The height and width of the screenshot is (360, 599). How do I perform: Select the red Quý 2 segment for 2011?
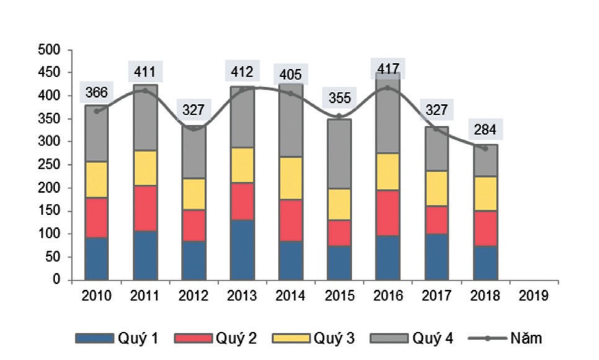click(144, 208)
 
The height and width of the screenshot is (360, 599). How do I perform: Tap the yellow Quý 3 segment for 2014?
click(290, 178)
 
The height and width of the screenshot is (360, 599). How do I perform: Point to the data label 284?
click(486, 130)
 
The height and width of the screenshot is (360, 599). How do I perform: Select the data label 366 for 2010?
click(96, 93)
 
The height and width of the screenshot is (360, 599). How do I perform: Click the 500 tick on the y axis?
click(51, 50)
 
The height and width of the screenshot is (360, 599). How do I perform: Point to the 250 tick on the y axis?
click(51, 165)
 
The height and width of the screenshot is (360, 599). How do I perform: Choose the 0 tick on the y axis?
click(58, 280)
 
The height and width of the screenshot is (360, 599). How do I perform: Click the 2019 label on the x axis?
click(535, 296)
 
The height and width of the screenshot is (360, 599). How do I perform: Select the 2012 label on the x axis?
click(193, 296)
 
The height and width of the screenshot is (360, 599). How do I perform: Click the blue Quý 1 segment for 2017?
click(437, 257)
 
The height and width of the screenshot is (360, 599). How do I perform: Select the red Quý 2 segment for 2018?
click(486, 228)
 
